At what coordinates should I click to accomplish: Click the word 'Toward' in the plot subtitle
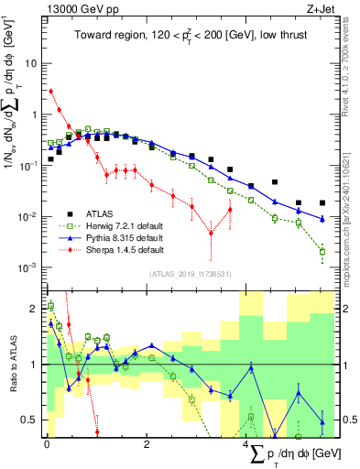tap(93, 36)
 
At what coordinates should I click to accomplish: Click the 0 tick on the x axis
tap(46, 444)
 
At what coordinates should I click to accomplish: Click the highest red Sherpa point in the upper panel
tap(50, 91)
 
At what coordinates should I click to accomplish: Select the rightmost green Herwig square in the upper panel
tap(322, 251)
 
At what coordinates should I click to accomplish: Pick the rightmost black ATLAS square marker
tap(322, 202)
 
